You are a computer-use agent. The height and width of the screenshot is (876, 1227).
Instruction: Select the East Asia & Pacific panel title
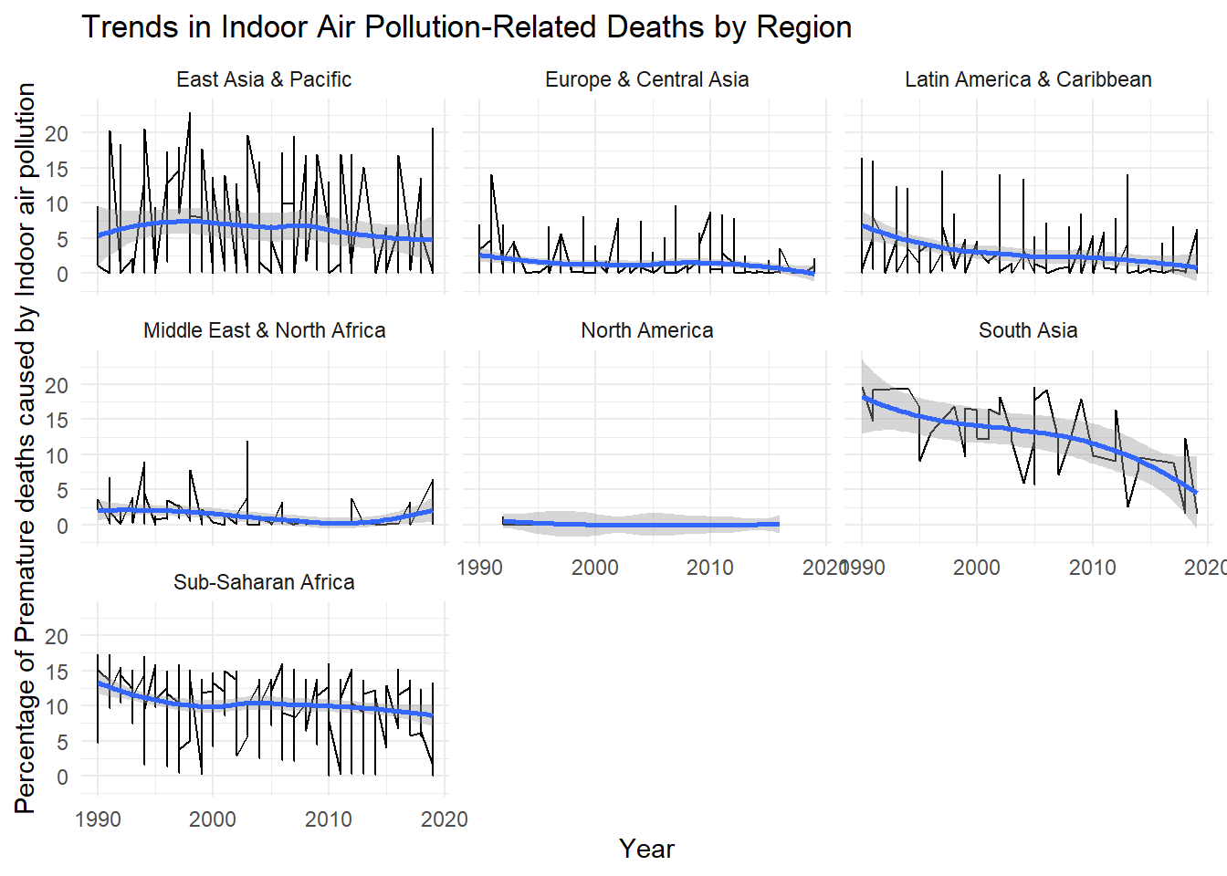[x=264, y=79]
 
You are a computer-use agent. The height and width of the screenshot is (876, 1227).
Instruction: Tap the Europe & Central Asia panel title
[x=646, y=79]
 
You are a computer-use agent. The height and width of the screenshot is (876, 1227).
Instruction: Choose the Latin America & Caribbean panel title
[x=1028, y=79]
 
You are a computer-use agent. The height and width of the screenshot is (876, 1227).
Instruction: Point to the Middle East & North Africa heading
[x=264, y=330]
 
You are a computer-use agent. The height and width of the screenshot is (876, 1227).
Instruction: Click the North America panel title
[x=646, y=330]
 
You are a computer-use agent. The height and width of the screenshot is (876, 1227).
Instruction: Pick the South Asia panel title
[x=1028, y=330]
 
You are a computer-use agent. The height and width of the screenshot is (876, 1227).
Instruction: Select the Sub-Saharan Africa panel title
[x=264, y=582]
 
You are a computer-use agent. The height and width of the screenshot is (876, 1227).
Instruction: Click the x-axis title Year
[x=646, y=849]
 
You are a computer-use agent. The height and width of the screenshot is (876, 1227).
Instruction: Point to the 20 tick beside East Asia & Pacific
[x=57, y=134]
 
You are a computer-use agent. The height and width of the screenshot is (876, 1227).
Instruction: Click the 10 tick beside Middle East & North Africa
[x=57, y=455]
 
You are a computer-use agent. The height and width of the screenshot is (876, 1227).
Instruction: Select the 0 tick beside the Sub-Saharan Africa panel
[x=62, y=777]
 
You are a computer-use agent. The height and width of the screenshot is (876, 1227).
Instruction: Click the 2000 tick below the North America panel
[x=594, y=568]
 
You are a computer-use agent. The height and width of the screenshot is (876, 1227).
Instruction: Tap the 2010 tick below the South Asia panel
[x=1092, y=568]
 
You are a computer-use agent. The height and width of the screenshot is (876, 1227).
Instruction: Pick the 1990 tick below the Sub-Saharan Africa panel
[x=98, y=819]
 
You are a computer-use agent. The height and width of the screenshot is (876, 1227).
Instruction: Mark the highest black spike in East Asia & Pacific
[x=190, y=114]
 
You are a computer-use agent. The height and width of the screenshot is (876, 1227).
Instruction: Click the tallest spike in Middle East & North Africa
[x=247, y=443]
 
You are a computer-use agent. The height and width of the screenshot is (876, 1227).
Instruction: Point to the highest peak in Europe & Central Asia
[x=491, y=175]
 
